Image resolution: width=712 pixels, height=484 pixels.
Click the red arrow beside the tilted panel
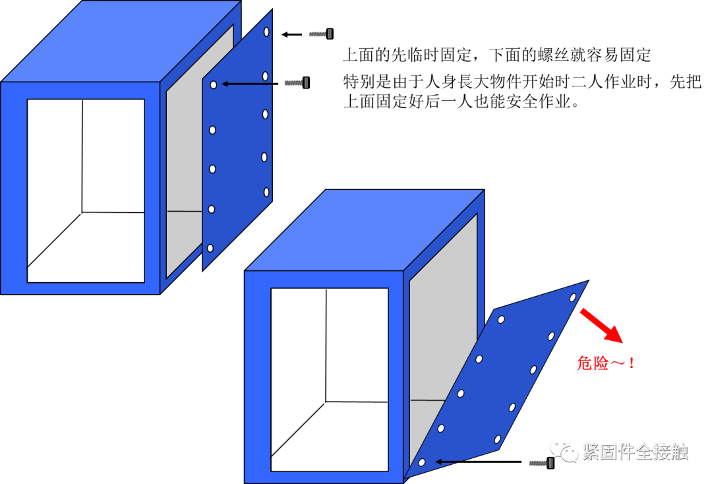click(x=601, y=326)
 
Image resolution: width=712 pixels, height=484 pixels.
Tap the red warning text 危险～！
click(x=605, y=363)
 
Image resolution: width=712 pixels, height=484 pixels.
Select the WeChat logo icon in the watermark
click(x=564, y=451)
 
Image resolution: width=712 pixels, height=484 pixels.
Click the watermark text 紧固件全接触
click(x=635, y=452)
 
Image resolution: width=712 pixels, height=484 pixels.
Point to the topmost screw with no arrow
click(x=320, y=34)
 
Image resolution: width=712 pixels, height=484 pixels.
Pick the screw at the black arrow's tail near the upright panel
click(x=295, y=83)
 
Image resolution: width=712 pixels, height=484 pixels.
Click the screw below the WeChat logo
click(x=541, y=464)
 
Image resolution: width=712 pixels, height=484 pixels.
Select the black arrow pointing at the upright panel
click(x=247, y=84)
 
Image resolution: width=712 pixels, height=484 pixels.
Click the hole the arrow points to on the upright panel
click(x=214, y=84)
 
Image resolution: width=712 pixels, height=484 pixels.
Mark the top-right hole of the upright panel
click(x=266, y=32)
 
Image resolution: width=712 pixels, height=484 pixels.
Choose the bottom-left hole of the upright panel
click(x=210, y=249)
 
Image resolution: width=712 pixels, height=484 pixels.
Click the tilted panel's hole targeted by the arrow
click(x=422, y=462)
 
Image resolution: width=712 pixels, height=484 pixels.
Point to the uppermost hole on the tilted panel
click(x=573, y=297)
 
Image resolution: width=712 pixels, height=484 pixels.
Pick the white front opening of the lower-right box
click(x=330, y=379)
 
